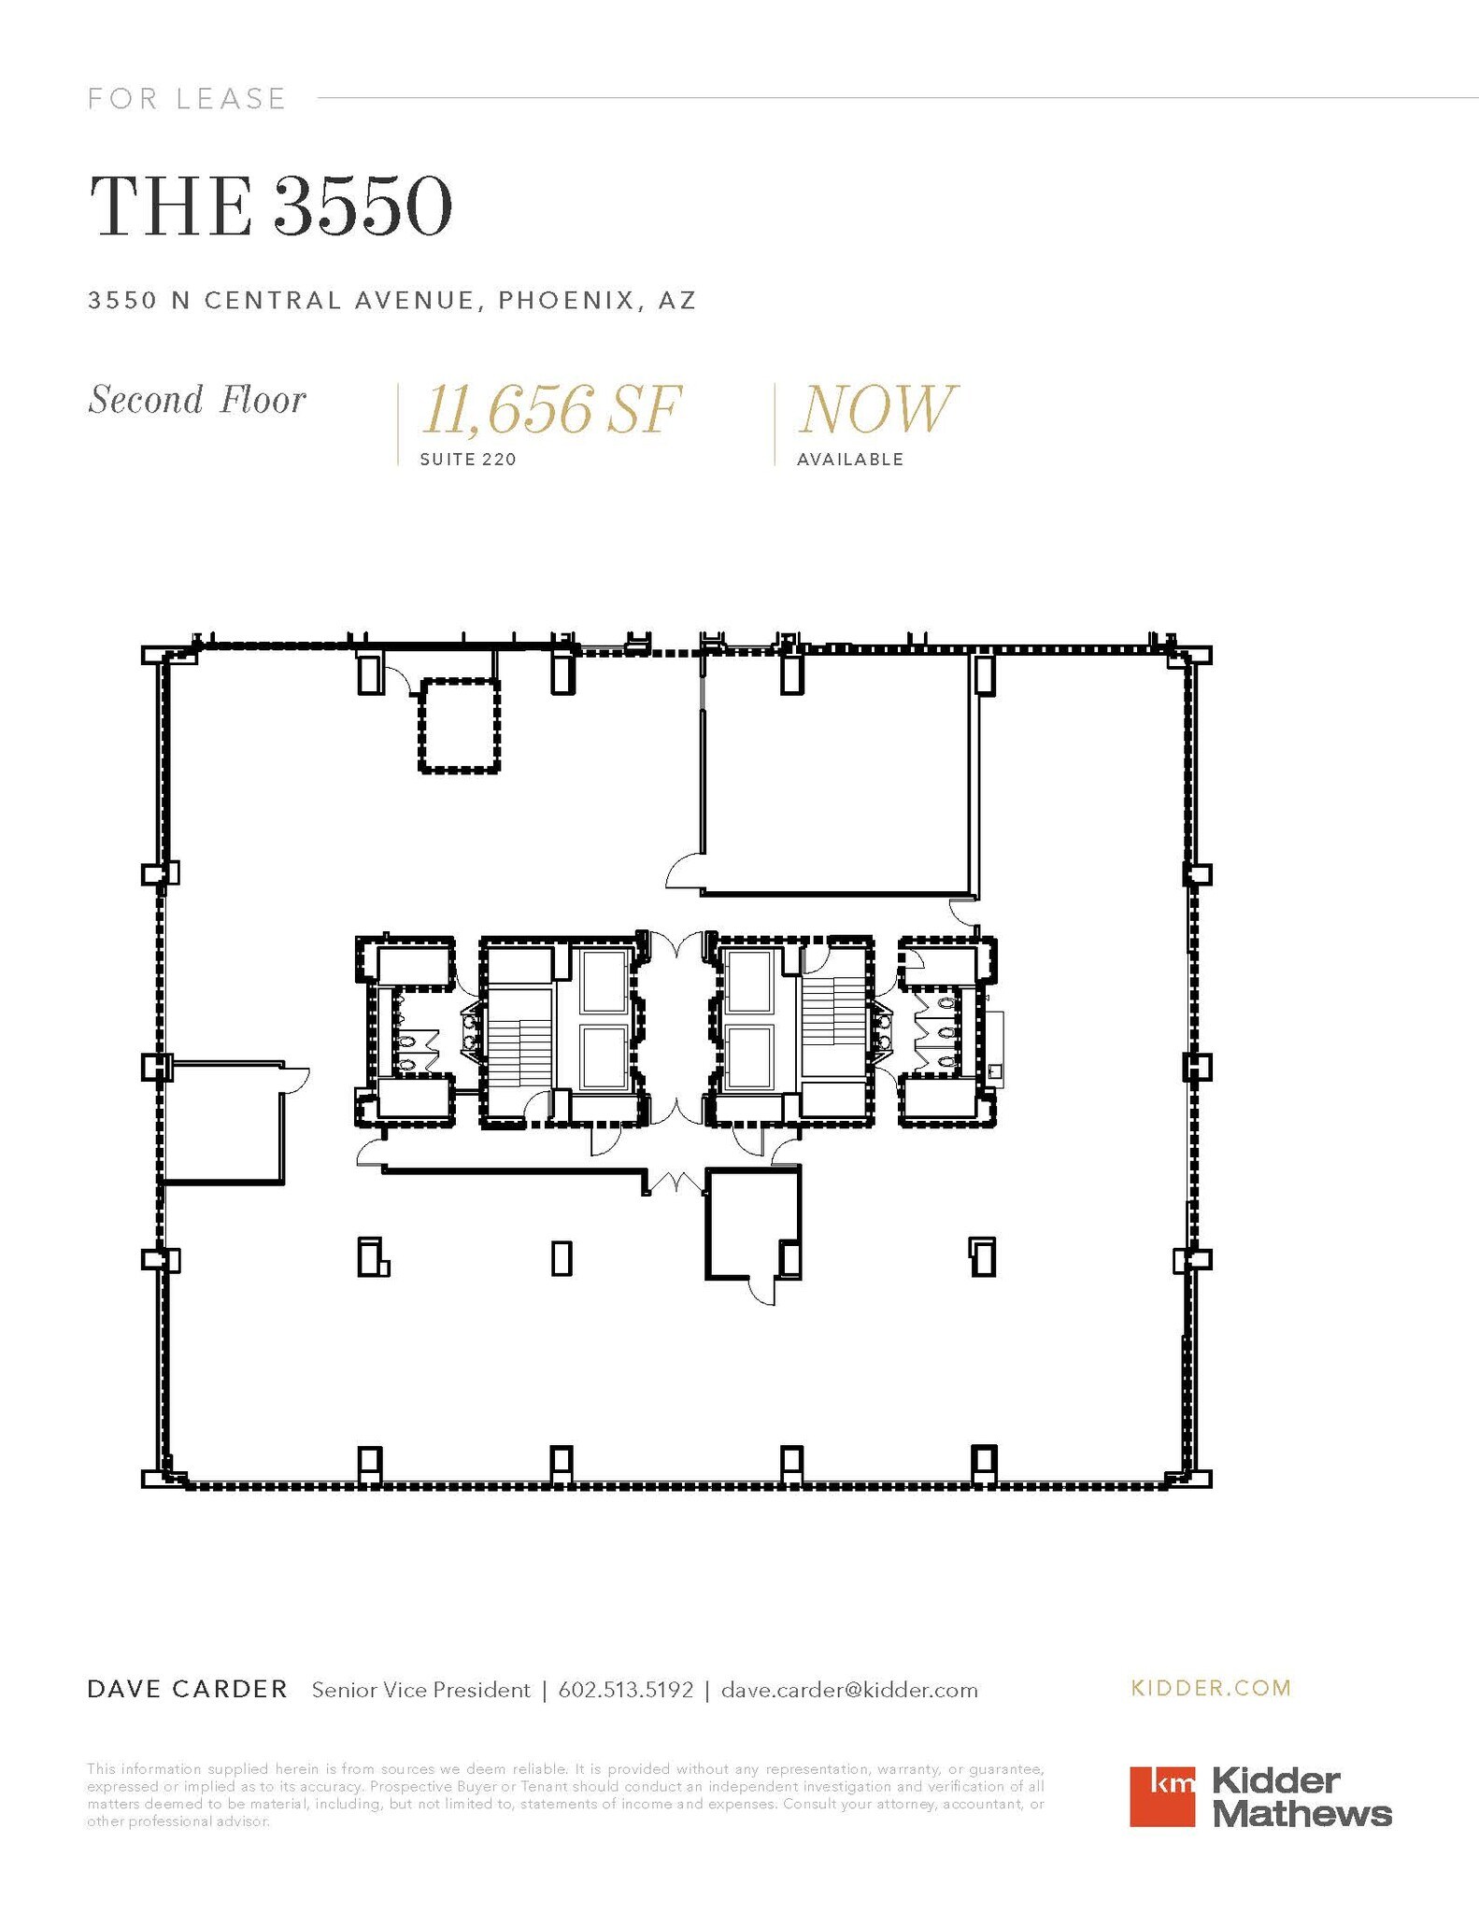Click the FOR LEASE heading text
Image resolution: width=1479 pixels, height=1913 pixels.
(186, 98)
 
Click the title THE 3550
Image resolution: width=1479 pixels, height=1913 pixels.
(271, 206)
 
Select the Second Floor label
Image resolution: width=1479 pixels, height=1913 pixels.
(197, 400)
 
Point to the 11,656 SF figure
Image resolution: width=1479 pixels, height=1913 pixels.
(551, 410)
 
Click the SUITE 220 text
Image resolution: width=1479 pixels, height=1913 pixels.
(468, 460)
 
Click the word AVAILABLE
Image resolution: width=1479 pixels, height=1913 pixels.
(850, 460)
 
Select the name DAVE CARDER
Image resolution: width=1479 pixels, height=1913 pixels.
(187, 1689)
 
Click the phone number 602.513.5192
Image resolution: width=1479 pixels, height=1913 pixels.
(625, 1690)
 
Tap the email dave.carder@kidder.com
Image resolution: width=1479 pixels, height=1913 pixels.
(849, 1690)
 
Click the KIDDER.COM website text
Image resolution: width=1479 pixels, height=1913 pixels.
(1211, 1688)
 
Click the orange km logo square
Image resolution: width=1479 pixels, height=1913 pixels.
(1162, 1796)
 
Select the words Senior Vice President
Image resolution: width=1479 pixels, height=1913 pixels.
(420, 1690)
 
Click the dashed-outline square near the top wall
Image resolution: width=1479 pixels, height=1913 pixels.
(458, 726)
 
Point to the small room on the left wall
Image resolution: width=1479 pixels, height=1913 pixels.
(222, 1122)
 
